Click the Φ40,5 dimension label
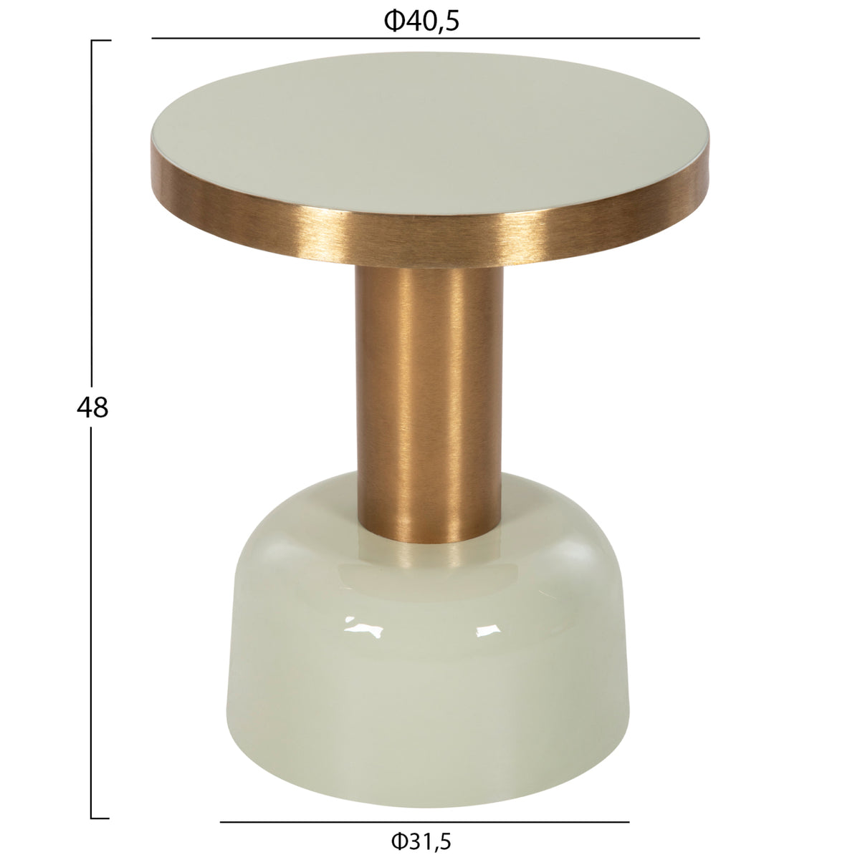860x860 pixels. (421, 21)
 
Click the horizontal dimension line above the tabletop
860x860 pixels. (426, 39)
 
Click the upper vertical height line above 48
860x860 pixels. (92, 213)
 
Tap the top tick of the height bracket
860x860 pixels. (101, 41)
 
